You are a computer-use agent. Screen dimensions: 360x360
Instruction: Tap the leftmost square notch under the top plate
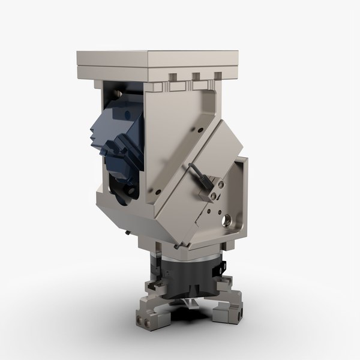[173, 77]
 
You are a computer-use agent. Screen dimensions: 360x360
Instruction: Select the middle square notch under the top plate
[196, 77]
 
